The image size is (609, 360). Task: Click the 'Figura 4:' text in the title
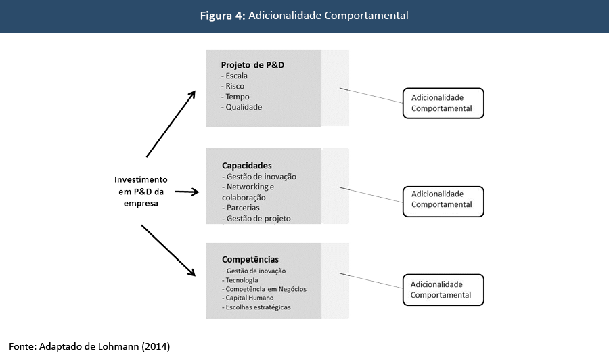(223, 16)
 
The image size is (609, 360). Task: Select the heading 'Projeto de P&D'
(252, 65)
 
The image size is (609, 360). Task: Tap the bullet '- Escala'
(235, 76)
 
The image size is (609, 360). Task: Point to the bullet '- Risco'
(233, 87)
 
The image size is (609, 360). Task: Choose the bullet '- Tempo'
(235, 97)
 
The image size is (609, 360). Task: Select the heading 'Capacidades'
(246, 165)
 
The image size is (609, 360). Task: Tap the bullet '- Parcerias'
(241, 208)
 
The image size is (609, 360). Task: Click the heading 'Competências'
(250, 259)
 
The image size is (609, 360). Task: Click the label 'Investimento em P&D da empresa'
(141, 192)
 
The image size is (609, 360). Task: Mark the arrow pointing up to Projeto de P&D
(171, 122)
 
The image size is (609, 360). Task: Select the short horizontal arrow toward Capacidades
(187, 192)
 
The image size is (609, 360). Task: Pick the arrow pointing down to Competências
(168, 250)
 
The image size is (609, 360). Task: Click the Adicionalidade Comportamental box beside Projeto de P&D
(443, 104)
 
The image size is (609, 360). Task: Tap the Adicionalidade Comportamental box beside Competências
(443, 290)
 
